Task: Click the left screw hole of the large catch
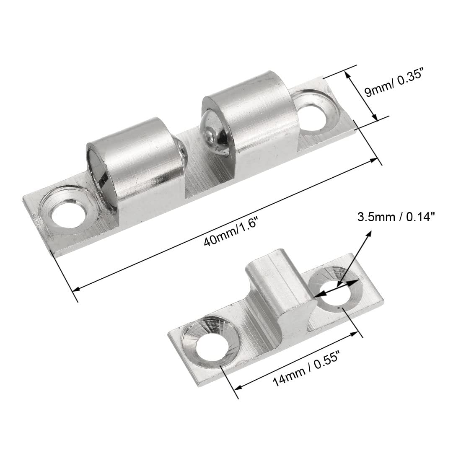point(66,216)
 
